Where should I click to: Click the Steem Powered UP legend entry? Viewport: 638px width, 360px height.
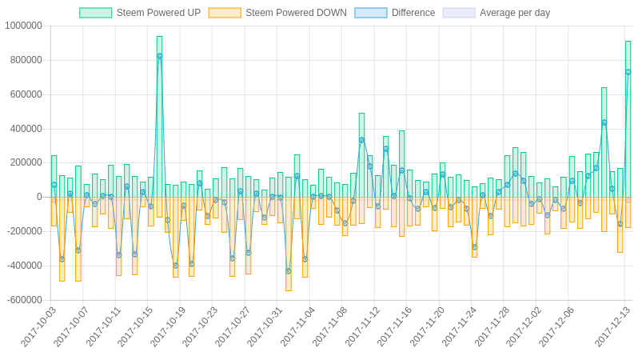tap(140, 13)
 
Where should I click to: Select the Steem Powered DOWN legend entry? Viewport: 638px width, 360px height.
tap(277, 13)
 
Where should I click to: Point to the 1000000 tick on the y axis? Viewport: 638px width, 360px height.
tap(23, 26)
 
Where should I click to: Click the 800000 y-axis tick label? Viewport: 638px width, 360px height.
tap(26, 60)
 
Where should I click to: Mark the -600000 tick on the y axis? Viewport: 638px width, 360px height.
tap(24, 300)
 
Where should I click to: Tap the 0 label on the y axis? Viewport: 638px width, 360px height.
tap(39, 197)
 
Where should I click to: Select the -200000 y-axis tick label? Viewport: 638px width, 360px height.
tap(24, 231)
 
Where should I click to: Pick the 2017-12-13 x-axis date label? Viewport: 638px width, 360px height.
tap(613, 326)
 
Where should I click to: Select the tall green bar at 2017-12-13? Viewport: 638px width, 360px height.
tap(628, 120)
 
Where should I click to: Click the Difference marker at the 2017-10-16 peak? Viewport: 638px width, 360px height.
tap(159, 56)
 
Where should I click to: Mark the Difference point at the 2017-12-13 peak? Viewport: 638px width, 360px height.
tap(628, 72)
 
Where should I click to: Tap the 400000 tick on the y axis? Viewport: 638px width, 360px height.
tap(26, 129)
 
